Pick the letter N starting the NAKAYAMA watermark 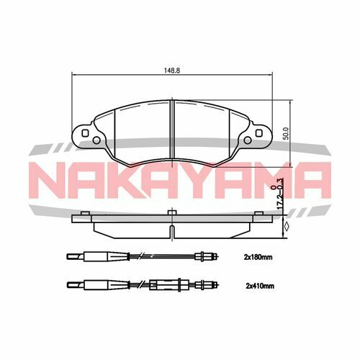(x=50, y=179)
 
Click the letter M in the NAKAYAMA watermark (x=269, y=179)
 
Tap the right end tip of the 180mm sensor (x=217, y=255)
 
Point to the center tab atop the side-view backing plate (x=171, y=211)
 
